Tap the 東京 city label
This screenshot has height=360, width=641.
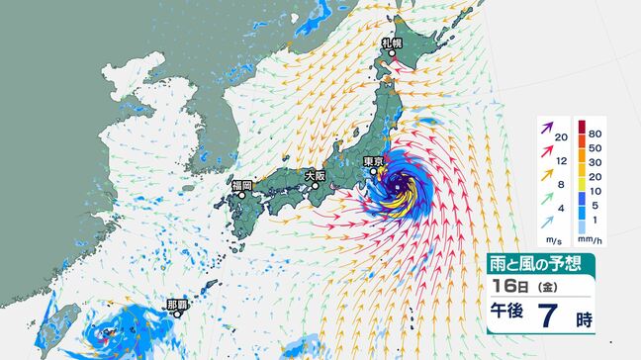tap(373, 162)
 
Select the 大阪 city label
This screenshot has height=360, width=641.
tap(315, 174)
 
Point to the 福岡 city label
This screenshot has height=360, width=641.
tap(242, 185)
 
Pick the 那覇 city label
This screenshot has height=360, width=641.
tap(193, 305)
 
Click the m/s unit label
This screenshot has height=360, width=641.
tap(558, 239)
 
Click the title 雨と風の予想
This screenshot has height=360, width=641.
tap(538, 264)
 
